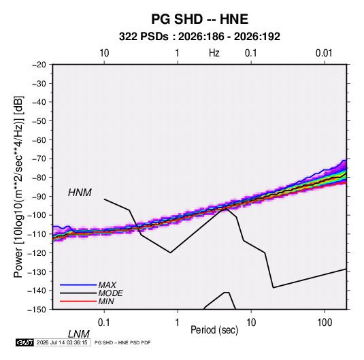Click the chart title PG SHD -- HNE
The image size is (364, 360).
pos(199,19)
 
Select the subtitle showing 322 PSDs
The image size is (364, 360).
pos(199,37)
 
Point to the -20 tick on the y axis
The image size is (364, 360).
pos(39,65)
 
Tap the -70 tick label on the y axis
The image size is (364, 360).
pos(39,159)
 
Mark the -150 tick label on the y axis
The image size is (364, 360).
pos(37,310)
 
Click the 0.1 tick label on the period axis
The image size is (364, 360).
pos(104,323)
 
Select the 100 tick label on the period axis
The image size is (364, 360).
pos(325,323)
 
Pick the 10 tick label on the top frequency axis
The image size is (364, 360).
pos(104,53)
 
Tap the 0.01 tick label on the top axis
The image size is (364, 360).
pos(324,53)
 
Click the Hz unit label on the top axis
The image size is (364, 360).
pos(214,53)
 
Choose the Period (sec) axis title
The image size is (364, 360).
pos(214,330)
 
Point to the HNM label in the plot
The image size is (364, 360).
pos(80,193)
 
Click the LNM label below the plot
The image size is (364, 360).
pos(78,334)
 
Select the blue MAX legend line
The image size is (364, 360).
pos(78,285)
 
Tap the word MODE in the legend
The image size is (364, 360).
pos(110,293)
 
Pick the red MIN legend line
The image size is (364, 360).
pos(78,301)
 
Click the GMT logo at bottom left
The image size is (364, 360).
pos(24,342)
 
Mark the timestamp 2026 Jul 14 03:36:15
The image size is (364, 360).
pos(62,342)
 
